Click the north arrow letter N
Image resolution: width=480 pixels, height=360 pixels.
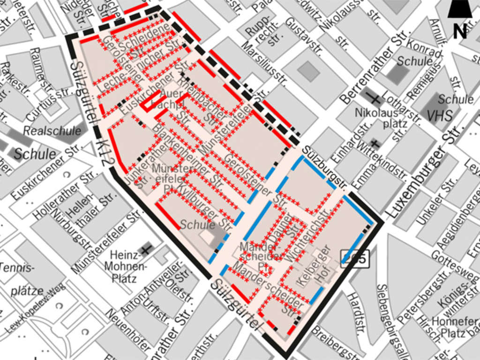(x=459, y=32)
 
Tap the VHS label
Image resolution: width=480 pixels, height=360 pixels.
(x=440, y=114)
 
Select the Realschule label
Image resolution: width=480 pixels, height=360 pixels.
(x=52, y=131)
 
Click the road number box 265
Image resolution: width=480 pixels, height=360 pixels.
(x=355, y=258)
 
